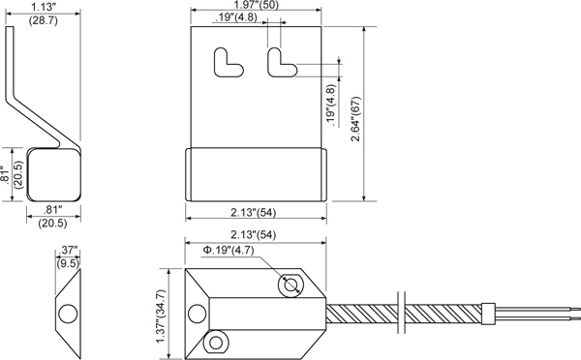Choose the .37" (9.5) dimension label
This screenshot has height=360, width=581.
[x=67, y=255]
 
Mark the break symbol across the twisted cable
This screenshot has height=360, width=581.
[x=402, y=314]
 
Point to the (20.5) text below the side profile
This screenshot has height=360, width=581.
[x=52, y=224]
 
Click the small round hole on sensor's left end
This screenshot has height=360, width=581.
[x=198, y=313]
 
